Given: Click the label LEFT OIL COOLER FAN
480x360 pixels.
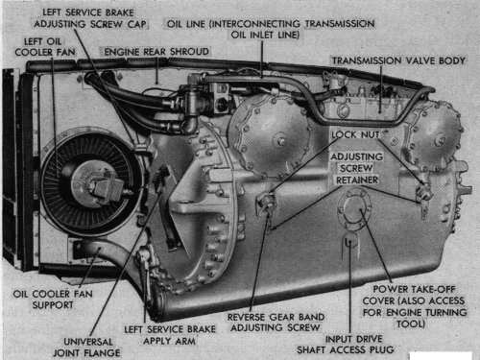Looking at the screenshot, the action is [x=45, y=47].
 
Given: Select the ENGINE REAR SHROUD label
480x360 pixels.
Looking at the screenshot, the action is [x=156, y=52].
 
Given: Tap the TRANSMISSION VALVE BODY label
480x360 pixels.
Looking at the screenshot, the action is [x=398, y=60].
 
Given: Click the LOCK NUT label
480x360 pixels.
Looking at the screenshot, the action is [x=355, y=134].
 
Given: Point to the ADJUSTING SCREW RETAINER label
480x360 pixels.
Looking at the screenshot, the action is [x=357, y=168].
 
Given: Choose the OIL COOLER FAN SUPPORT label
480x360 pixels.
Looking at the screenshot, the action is [x=53, y=300].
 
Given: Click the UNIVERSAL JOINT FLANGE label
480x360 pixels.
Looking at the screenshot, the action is [x=86, y=348].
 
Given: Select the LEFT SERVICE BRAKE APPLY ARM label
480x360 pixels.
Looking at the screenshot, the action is [x=170, y=335].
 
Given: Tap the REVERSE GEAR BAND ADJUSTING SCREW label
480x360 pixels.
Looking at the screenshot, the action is [x=276, y=323].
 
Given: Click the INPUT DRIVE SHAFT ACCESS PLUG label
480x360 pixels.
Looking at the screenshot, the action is [x=346, y=344].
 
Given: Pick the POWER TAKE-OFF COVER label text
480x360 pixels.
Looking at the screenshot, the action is [x=415, y=306].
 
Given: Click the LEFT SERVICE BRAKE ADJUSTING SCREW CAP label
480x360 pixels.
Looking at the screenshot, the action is [x=90, y=18].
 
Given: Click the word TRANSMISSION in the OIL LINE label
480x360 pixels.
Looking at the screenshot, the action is [x=340, y=24].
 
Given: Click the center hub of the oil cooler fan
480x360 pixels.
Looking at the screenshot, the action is [x=96, y=184].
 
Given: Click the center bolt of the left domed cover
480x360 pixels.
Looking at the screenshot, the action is [x=281, y=141].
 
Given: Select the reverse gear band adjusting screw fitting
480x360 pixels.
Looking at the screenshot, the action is [x=265, y=201].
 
